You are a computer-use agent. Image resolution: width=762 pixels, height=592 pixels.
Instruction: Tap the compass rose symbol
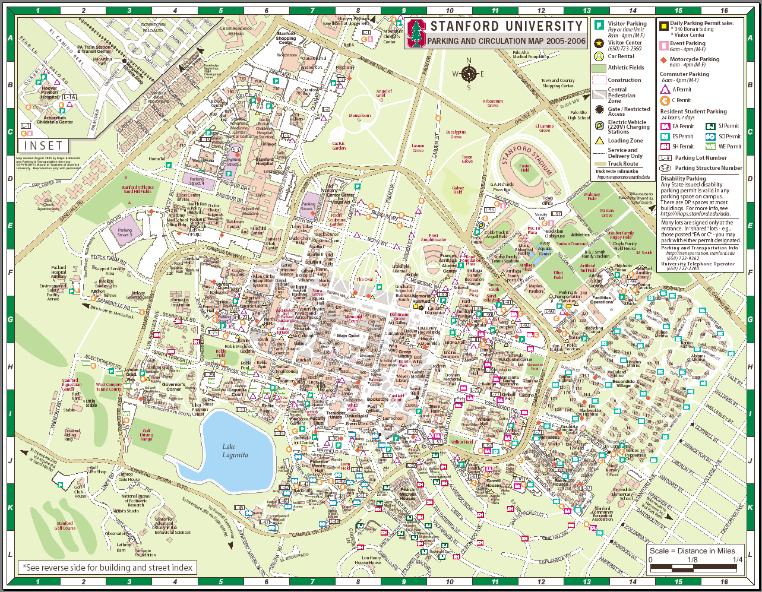(x=469, y=74)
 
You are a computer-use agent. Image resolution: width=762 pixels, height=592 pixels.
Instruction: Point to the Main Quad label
(x=348, y=335)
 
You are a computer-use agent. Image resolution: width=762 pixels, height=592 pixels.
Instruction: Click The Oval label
(x=364, y=279)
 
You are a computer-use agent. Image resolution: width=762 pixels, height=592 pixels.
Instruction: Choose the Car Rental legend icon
(x=600, y=56)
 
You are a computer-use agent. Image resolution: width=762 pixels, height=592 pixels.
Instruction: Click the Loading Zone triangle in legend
(x=599, y=141)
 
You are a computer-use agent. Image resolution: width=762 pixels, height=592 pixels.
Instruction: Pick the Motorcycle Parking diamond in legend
(x=663, y=59)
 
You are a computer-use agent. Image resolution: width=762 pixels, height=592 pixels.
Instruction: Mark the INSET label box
(x=44, y=145)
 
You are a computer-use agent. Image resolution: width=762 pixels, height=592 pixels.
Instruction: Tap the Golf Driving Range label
(x=146, y=435)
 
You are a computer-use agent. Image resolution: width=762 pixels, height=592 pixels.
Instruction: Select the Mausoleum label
(x=359, y=116)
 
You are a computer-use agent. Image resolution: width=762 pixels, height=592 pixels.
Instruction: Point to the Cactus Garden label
(x=339, y=145)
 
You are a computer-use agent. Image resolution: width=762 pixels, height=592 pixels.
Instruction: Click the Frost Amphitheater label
(x=434, y=238)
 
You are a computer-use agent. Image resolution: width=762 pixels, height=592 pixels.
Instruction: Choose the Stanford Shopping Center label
(x=286, y=38)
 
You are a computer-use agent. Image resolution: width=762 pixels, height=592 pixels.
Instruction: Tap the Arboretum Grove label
(x=493, y=103)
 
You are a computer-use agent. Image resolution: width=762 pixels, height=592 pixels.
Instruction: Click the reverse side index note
(x=108, y=567)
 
